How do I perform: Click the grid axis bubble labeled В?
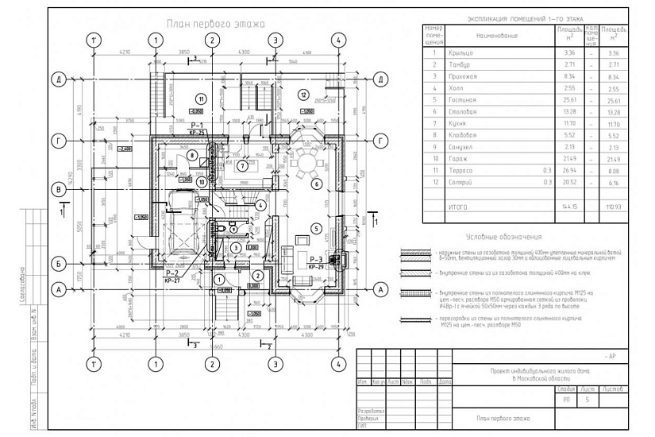(x=58, y=189)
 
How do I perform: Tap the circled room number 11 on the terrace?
(x=202, y=99)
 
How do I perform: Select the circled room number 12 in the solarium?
(x=302, y=95)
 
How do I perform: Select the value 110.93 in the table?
(x=612, y=206)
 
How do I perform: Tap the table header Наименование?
(x=497, y=37)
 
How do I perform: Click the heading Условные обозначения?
(x=503, y=236)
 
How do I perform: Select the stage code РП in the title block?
(x=566, y=401)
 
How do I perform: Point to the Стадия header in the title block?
(x=566, y=389)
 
